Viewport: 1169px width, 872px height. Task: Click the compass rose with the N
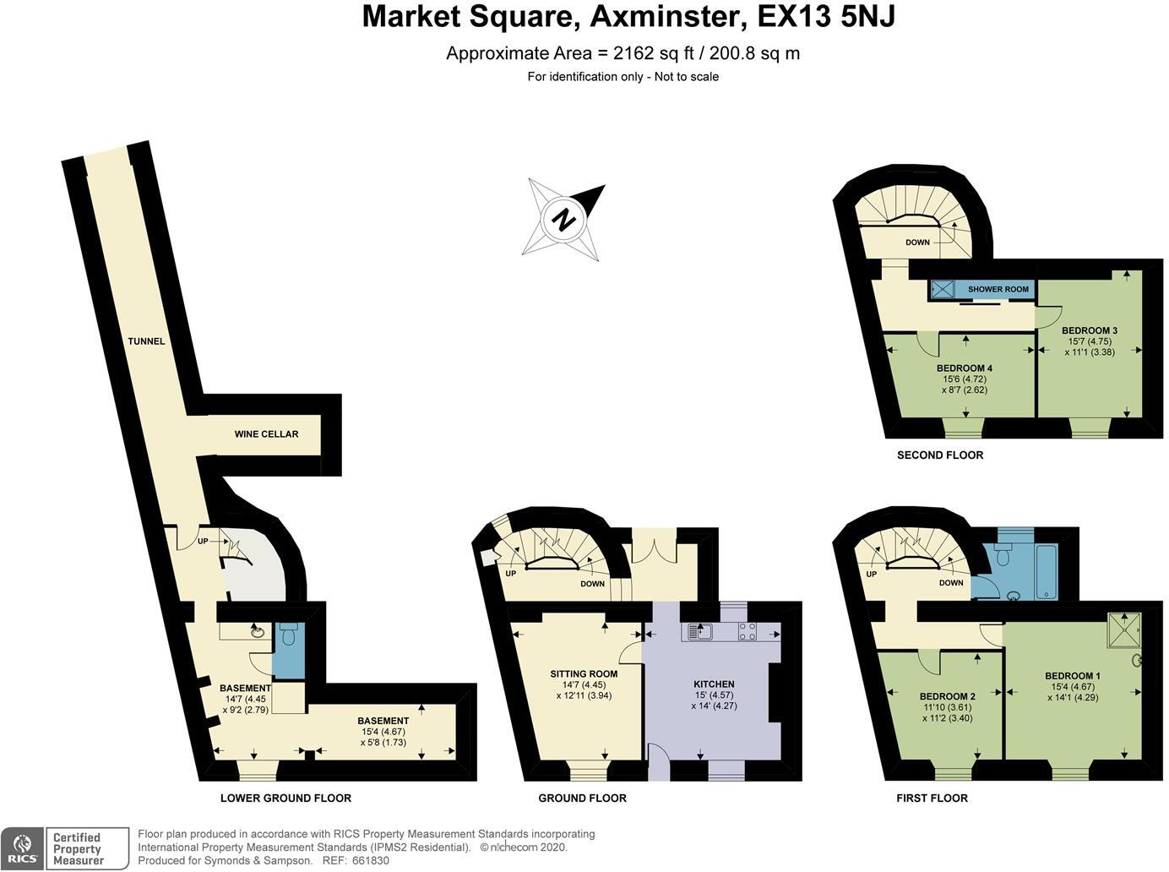coord(563,220)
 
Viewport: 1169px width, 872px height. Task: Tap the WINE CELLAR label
coord(266,434)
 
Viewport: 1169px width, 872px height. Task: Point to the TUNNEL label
coord(146,341)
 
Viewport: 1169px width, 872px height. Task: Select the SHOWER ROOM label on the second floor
coord(998,289)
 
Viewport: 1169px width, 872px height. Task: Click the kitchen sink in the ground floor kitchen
coord(699,631)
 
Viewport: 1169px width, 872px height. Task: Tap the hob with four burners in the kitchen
coord(748,631)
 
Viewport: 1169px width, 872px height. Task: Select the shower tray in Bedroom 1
coord(1123,630)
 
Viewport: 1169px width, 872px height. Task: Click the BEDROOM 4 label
coord(964,368)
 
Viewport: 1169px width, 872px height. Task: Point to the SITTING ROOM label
coord(584,673)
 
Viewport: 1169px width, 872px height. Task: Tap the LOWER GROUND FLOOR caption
coord(285,798)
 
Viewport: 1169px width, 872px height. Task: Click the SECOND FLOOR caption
coord(940,455)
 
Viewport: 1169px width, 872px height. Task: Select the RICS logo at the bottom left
coord(22,848)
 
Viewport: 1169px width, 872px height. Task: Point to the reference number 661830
coord(372,860)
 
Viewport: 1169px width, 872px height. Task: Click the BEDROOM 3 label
coord(1090,330)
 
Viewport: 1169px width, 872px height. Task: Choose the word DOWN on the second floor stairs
coord(917,243)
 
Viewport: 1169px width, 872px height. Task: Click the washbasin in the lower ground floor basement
coord(257,630)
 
